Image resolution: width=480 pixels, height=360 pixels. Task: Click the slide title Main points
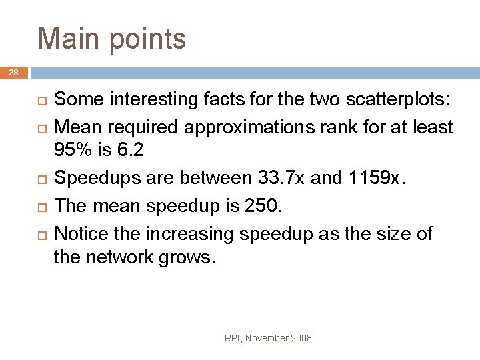tap(112, 39)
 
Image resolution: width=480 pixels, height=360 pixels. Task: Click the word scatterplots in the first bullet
tap(398, 100)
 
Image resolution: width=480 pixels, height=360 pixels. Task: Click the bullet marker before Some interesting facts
tap(41, 101)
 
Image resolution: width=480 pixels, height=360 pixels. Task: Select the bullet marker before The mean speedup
tap(41, 207)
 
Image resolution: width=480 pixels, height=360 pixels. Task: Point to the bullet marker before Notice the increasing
tap(41, 235)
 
